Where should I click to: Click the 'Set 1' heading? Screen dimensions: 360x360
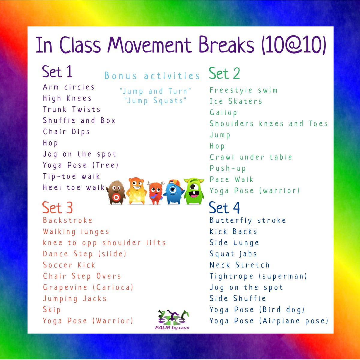pyautogui.click(x=57, y=72)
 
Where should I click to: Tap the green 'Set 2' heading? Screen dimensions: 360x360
pyautogui.click(x=224, y=73)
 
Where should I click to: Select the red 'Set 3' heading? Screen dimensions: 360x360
pyautogui.click(x=57, y=207)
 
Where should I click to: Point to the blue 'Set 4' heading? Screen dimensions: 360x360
pyautogui.click(x=224, y=208)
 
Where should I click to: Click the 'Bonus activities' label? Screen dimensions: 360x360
pyautogui.click(x=152, y=76)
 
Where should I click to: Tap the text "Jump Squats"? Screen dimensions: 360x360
pyautogui.click(x=155, y=101)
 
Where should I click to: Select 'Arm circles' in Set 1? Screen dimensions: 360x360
pyautogui.click(x=69, y=87)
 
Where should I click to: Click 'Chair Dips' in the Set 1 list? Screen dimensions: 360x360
pyautogui.click(x=66, y=132)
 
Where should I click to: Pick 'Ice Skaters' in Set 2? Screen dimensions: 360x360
pyautogui.click(x=236, y=101)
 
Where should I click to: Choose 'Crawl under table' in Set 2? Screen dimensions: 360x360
pyautogui.click(x=251, y=157)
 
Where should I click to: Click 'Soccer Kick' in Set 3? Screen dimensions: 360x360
pyautogui.click(x=69, y=265)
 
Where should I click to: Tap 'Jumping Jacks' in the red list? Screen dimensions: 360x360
pyautogui.click(x=74, y=299)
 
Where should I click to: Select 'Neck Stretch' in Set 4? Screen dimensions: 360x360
pyautogui.click(x=239, y=265)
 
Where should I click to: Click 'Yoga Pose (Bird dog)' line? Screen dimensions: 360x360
pyautogui.click(x=257, y=310)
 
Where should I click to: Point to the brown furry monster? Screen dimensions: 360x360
pyautogui.click(x=116, y=192)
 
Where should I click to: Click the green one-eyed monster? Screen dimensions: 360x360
pyautogui.click(x=194, y=191)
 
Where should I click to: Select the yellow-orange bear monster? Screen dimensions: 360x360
pyautogui.click(x=136, y=191)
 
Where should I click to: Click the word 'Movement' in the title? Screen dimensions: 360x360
pyautogui.click(x=149, y=45)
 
